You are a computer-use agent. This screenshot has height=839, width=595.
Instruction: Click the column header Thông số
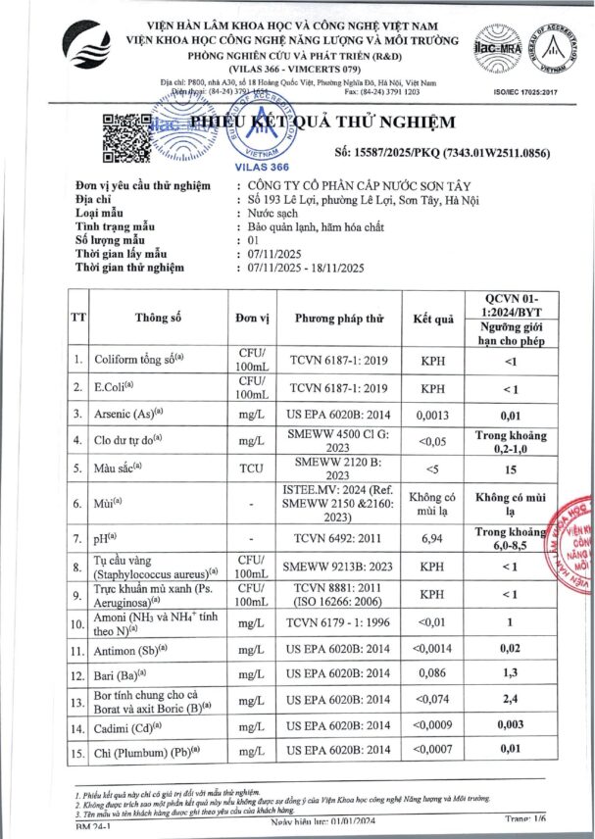pyautogui.click(x=161, y=317)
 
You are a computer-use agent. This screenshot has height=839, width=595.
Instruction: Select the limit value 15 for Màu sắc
pyautogui.click(x=536, y=469)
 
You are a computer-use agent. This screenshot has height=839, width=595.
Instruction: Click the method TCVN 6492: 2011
pyautogui.click(x=339, y=540)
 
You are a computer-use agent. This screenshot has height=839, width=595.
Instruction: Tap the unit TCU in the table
pyautogui.click(x=253, y=469)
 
